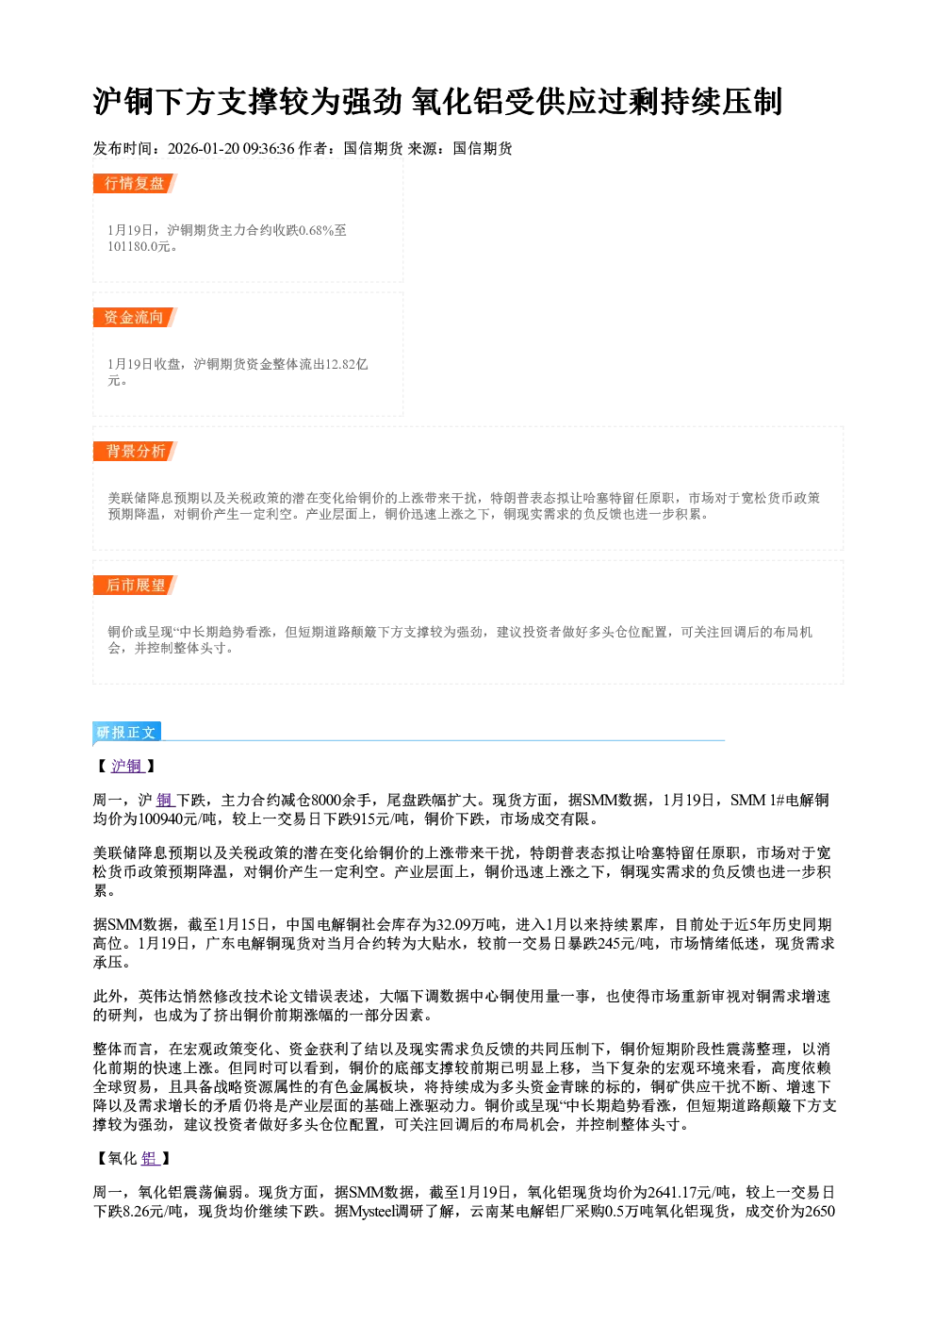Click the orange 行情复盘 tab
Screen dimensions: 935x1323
pyautogui.click(x=135, y=183)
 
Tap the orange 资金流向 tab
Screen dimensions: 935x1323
pyautogui.click(x=135, y=317)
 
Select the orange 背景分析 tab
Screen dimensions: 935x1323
pyautogui.click(x=135, y=452)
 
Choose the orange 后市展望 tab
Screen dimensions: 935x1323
pyautogui.click(x=135, y=586)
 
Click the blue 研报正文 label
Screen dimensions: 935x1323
pyautogui.click(x=126, y=733)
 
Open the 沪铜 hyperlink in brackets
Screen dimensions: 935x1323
pyautogui.click(x=127, y=766)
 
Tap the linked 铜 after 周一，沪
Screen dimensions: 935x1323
pyautogui.click(x=165, y=800)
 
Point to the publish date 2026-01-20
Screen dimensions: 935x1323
pyautogui.click(x=204, y=148)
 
